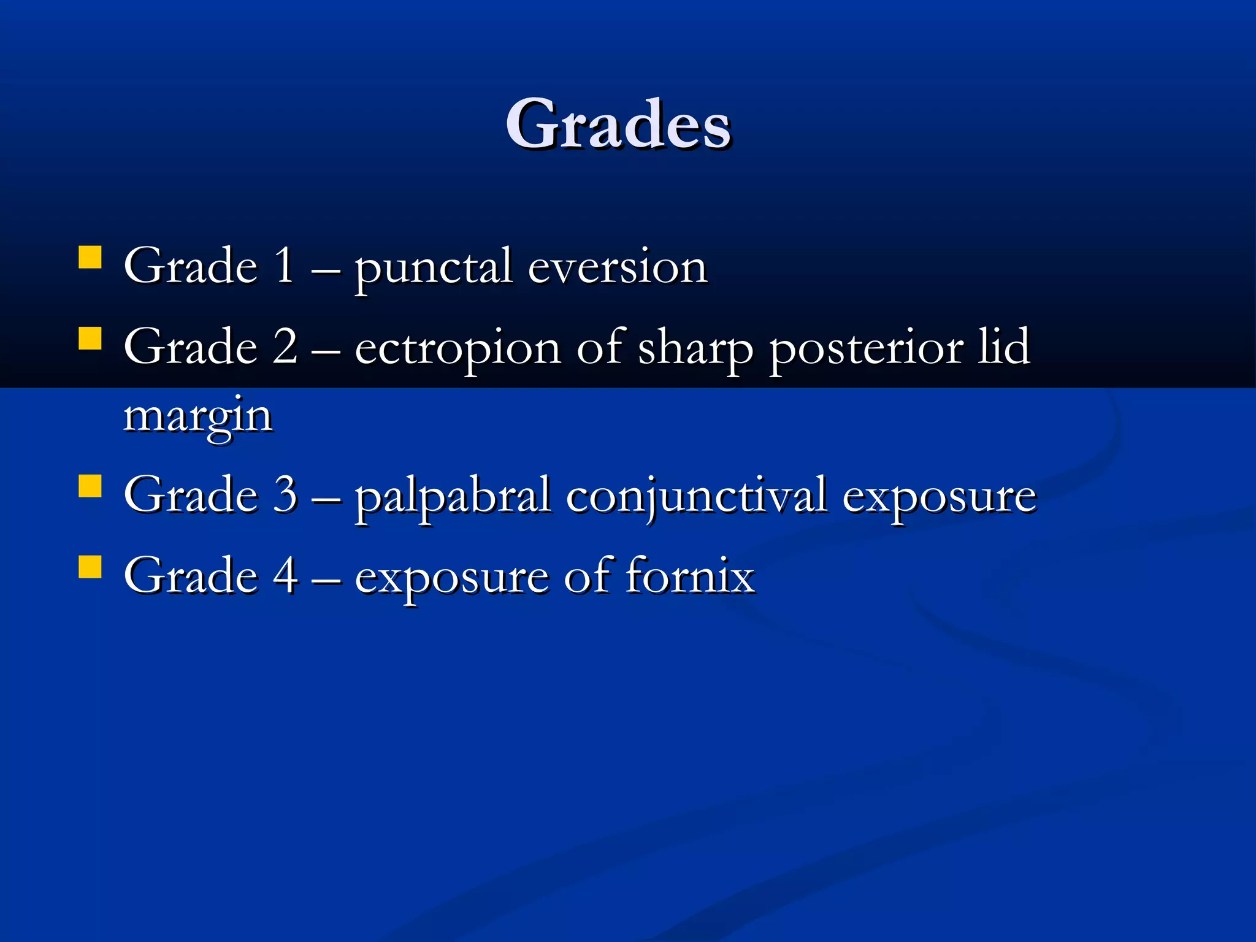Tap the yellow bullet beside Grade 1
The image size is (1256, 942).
pos(90,258)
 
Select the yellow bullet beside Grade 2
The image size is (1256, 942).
pos(90,338)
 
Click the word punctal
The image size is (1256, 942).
pos(433,268)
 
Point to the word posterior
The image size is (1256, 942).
pos(866,348)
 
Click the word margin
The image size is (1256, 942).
pos(198,417)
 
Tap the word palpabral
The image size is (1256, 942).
pos(453,496)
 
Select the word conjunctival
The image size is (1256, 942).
pos(696,496)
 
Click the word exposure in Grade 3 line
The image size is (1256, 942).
pos(939,496)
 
